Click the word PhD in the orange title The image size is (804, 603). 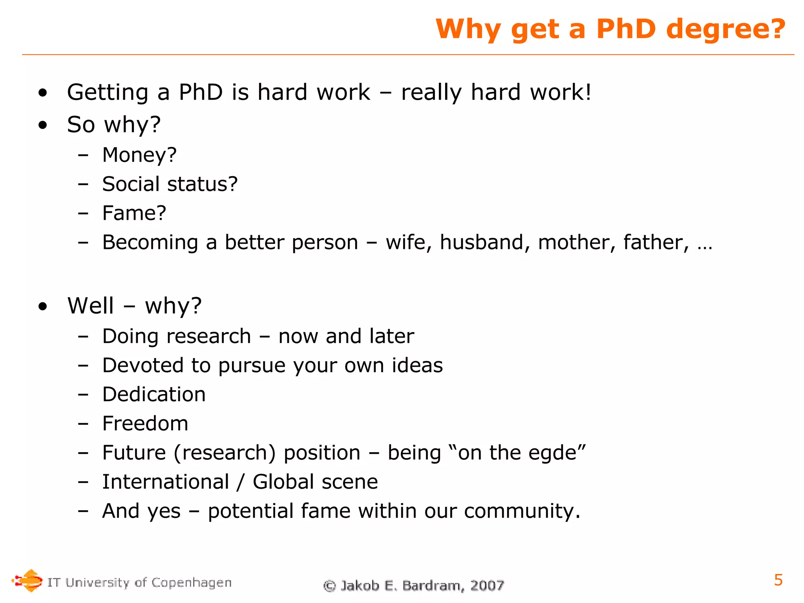point(626,29)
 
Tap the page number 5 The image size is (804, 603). point(778,580)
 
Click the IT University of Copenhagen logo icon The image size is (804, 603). point(27,581)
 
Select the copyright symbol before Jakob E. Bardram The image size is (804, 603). point(329,586)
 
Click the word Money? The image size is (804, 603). point(139,155)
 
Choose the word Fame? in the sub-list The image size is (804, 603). point(134,213)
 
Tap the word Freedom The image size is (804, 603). point(145,424)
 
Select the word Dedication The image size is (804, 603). point(154,395)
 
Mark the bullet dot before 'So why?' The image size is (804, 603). point(43,125)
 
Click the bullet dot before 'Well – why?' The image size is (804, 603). point(43,306)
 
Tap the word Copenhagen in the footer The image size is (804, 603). point(192,583)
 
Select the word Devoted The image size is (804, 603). point(143,365)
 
